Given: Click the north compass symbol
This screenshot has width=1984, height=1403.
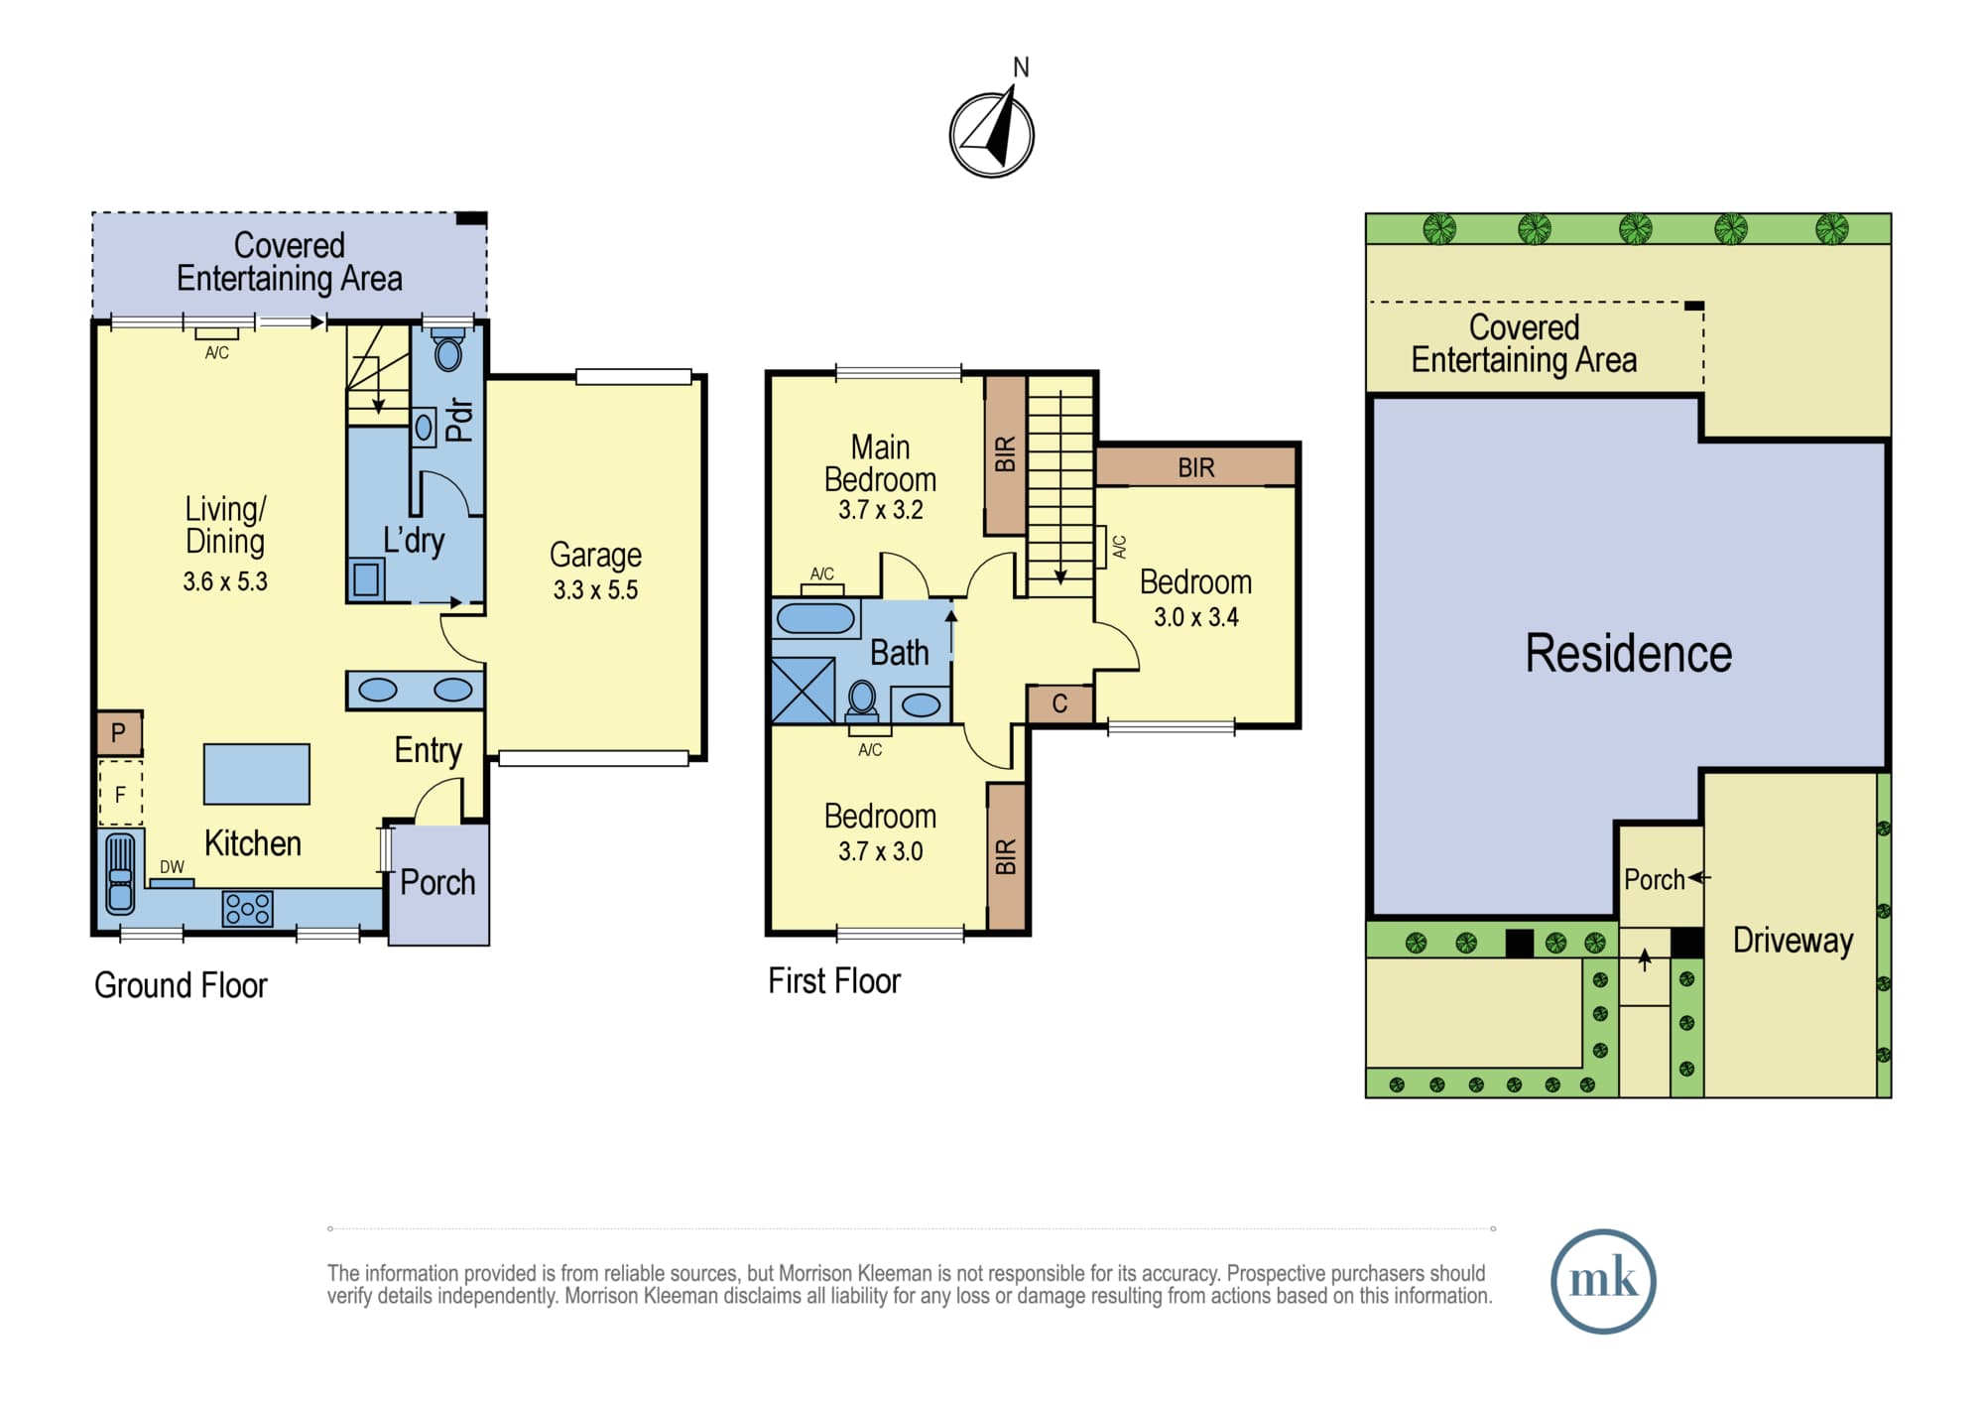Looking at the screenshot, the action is [x=992, y=133].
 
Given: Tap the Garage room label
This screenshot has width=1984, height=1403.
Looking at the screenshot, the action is [x=595, y=555].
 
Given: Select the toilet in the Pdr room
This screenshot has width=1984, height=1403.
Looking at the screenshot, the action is [x=448, y=351].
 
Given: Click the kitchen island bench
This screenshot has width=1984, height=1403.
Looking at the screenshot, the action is [x=257, y=774].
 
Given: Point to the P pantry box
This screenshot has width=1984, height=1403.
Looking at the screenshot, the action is [x=119, y=733].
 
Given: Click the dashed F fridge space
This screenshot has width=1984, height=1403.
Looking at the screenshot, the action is [x=120, y=793].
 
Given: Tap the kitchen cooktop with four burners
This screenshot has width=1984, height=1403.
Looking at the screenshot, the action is [x=247, y=909].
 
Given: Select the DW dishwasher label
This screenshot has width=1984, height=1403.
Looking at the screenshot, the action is [x=172, y=867].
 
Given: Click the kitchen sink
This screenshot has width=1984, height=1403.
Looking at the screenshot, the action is [x=120, y=873].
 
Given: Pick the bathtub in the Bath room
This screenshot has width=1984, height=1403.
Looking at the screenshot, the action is [x=815, y=618].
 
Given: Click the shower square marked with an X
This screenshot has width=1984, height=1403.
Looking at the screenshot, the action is [x=803, y=691].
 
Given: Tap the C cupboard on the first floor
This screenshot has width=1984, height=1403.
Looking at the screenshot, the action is [x=1059, y=704].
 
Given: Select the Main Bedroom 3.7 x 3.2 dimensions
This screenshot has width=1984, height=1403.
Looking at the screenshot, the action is [x=881, y=510].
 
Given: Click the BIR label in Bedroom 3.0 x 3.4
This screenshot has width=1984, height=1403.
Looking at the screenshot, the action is [x=1196, y=467].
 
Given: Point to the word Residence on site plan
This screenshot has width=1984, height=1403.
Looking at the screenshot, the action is [x=1628, y=654].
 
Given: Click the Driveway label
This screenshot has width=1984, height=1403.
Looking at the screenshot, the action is [x=1793, y=941].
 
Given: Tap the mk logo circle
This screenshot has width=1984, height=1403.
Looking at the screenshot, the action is [x=1603, y=1281].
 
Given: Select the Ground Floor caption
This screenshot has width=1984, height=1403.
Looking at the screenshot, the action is [x=181, y=985].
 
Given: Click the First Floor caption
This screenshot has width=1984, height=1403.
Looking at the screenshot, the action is [x=834, y=981].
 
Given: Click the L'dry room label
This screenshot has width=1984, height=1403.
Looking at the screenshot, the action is [x=414, y=540].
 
